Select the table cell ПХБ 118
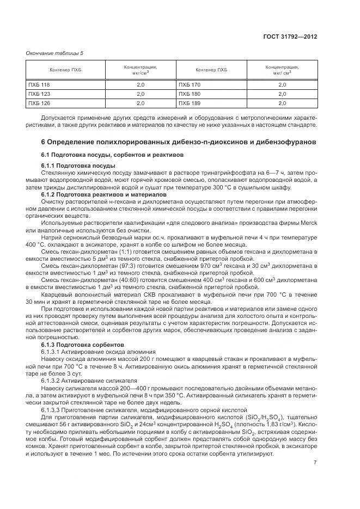(x=39, y=85)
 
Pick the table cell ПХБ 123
(x=39, y=94)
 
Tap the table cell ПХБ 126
(x=39, y=102)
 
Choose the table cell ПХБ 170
(x=190, y=85)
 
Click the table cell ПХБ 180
(x=190, y=94)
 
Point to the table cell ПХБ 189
(x=190, y=102)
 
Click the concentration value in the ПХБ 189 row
(x=282, y=102)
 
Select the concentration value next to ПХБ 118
(x=140, y=85)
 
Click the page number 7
(x=315, y=463)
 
